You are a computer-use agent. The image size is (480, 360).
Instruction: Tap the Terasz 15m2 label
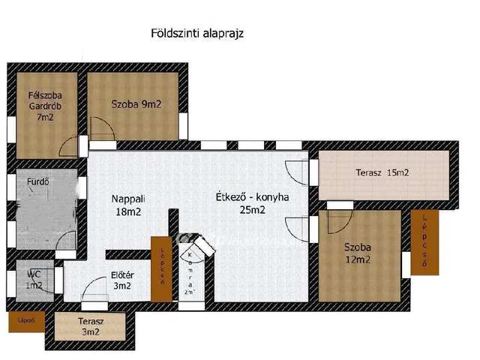[382, 173]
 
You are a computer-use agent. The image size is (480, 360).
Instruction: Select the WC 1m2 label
[34, 280]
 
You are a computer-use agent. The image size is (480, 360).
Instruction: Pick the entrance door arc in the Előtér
[94, 289]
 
